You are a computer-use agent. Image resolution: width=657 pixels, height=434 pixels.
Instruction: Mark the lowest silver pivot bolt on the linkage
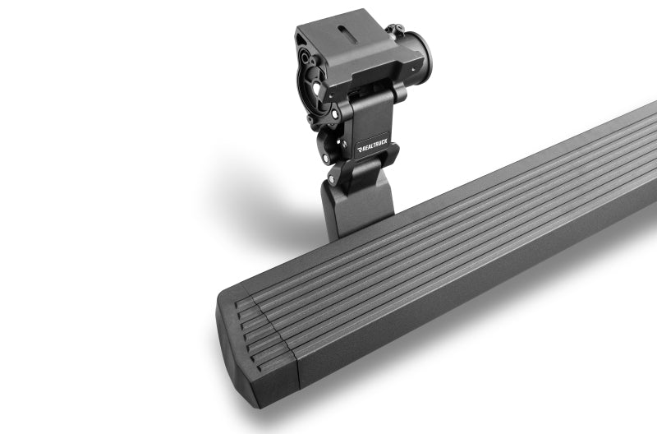point(332,178)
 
